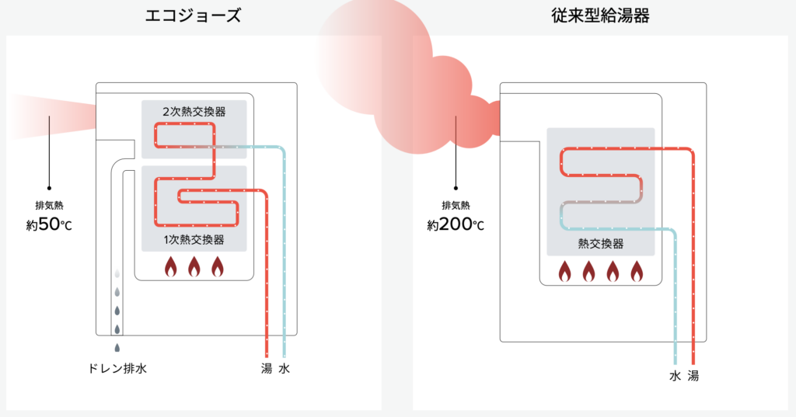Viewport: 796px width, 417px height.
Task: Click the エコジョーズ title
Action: tap(194, 15)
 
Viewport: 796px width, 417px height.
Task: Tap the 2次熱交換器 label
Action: tap(194, 112)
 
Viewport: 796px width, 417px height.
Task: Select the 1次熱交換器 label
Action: tap(194, 238)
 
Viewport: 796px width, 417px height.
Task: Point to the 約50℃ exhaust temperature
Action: tap(48, 227)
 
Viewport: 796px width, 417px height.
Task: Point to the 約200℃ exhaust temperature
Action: tap(456, 225)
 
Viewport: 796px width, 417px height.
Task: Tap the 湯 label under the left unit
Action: tap(267, 368)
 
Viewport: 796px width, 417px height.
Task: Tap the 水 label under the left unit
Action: tap(285, 368)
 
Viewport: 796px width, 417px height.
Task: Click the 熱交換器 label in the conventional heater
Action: tap(601, 244)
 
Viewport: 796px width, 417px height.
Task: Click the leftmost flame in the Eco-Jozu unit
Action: tap(171, 267)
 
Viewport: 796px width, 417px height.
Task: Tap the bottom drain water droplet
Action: tap(117, 347)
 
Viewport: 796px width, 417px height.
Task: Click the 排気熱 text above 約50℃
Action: tap(48, 207)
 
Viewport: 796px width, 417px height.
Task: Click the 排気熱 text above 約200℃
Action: tap(456, 206)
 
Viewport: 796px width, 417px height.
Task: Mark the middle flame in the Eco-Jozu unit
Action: tap(194, 267)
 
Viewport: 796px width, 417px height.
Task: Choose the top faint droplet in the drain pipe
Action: tap(117, 274)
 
